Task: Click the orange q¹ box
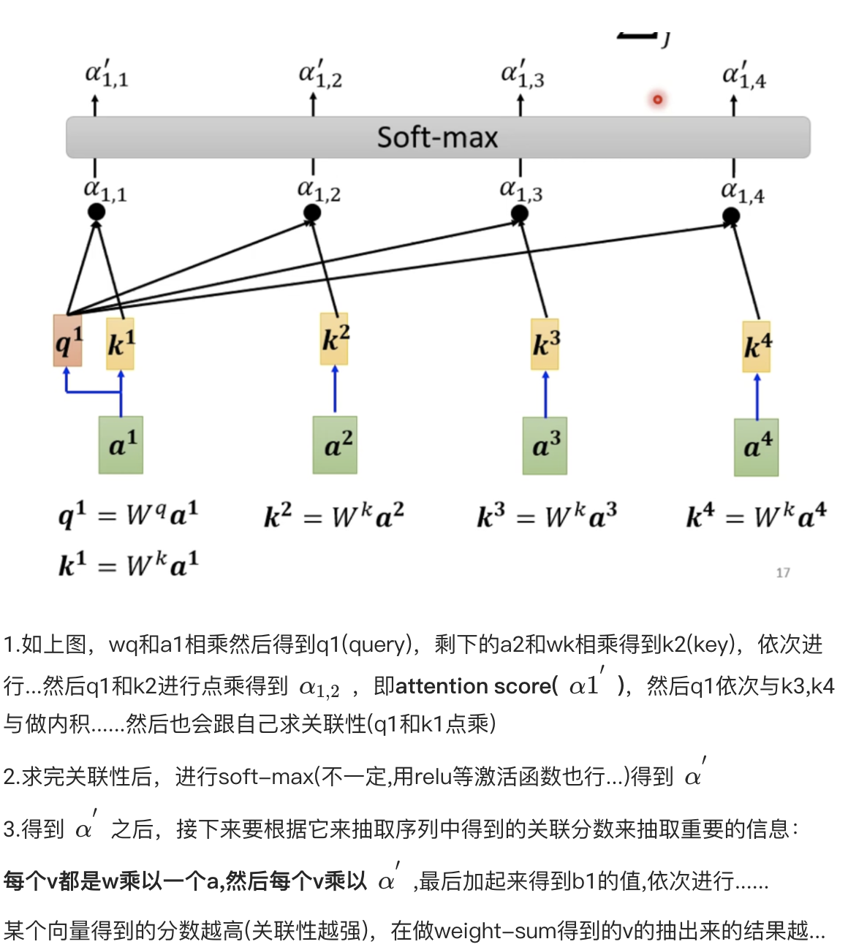(x=68, y=341)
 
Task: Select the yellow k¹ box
(x=121, y=343)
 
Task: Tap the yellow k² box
(x=335, y=339)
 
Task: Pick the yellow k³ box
(x=545, y=344)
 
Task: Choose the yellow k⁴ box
(x=757, y=346)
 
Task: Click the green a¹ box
(x=121, y=444)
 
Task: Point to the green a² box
(x=335, y=444)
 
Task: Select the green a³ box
(x=545, y=445)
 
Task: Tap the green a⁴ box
(x=757, y=446)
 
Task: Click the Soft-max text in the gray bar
(x=437, y=137)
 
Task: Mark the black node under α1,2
(x=312, y=213)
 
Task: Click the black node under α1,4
(x=731, y=216)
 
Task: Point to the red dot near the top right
(x=657, y=99)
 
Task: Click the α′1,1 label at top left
(x=106, y=75)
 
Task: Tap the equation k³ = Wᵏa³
(x=547, y=516)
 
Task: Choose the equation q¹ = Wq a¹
(x=128, y=514)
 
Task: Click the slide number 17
(x=783, y=573)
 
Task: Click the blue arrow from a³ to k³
(x=545, y=395)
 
